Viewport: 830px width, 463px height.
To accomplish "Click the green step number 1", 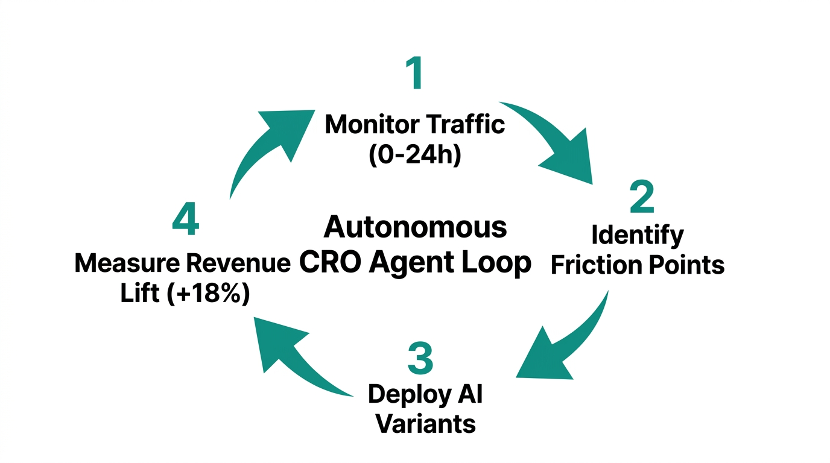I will (414, 75).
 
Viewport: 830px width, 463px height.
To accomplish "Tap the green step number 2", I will (642, 197).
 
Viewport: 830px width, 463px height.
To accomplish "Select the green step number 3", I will (420, 357).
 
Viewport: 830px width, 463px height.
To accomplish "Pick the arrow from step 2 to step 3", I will (564, 344).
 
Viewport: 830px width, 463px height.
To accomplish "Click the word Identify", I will (638, 235).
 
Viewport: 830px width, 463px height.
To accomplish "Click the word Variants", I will (426, 424).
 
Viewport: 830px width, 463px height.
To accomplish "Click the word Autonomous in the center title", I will (415, 227).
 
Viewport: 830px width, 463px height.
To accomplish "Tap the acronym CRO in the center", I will (331, 262).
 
